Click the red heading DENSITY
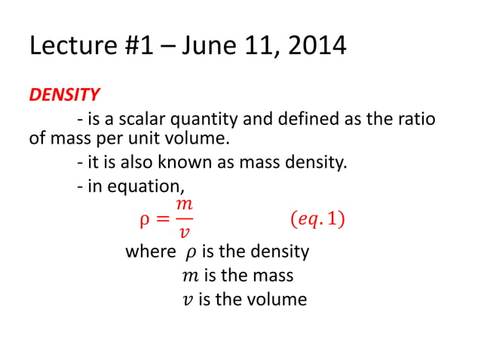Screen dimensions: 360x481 (x=64, y=95)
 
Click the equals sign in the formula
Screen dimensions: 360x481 (x=160, y=221)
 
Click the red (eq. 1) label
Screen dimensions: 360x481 (x=318, y=221)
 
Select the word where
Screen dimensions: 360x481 (x=150, y=252)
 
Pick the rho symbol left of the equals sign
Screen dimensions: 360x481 (x=144, y=222)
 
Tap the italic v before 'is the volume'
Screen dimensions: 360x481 (x=188, y=300)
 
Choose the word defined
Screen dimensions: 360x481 (x=306, y=118)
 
